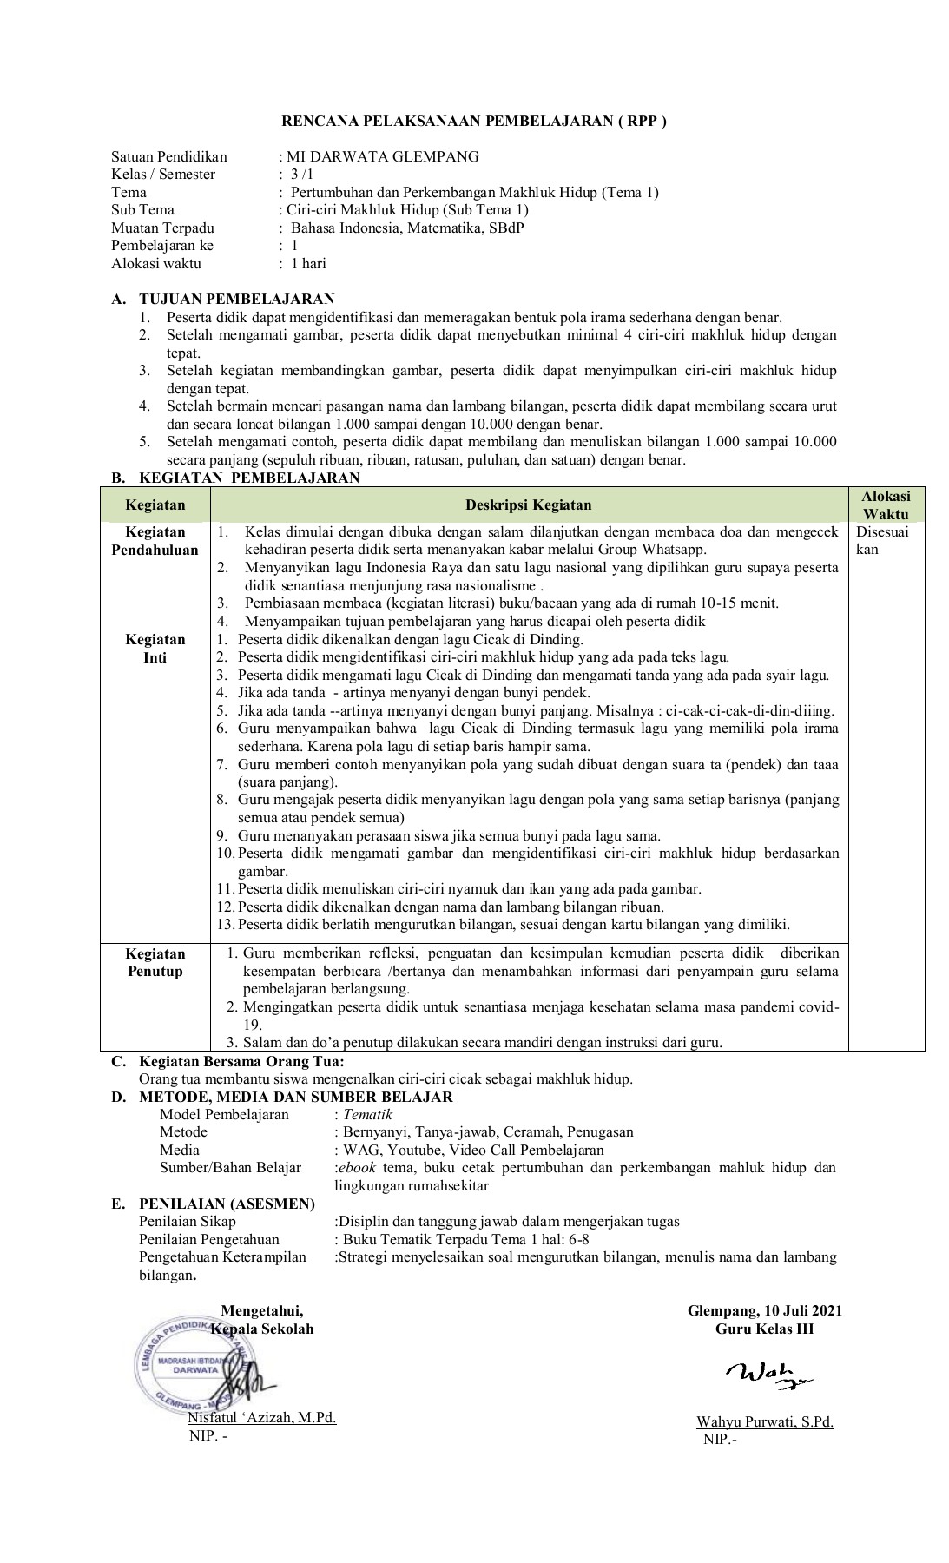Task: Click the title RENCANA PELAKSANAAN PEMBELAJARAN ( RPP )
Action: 474,122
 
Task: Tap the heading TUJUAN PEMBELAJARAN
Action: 236,300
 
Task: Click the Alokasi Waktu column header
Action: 886,505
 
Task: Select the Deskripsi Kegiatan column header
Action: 528,505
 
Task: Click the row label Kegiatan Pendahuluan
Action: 155,540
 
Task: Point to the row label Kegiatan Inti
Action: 155,648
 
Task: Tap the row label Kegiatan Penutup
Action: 155,962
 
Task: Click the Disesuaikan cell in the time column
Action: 881,540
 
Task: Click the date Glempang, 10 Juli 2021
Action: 764,1310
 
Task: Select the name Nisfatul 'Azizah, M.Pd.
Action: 261,1418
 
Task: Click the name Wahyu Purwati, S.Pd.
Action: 764,1421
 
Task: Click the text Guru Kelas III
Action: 764,1329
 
